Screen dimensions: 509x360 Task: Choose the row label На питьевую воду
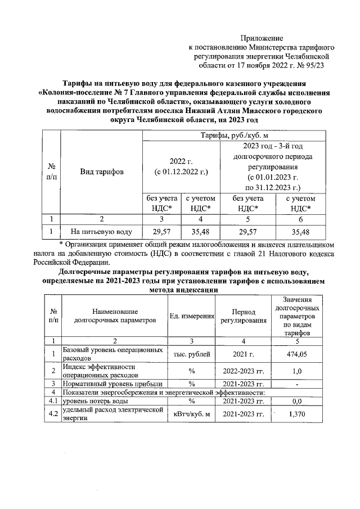[101, 231]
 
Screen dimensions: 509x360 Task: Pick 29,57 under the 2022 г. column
[161, 231]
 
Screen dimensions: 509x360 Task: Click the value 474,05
[298, 354]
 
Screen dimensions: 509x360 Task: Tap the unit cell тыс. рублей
[191, 354]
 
